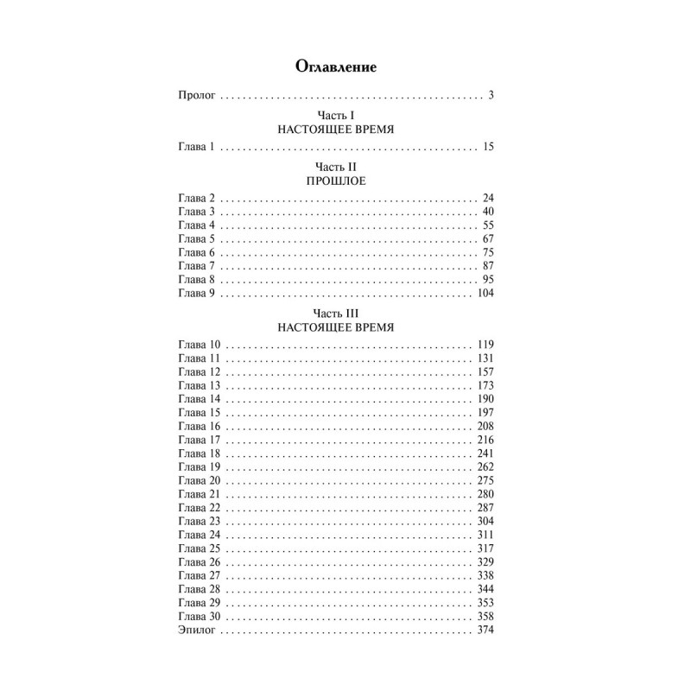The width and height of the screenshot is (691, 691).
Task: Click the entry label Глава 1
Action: coord(195,148)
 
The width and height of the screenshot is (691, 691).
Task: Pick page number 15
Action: coord(487,148)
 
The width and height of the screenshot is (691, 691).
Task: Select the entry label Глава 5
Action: coord(195,238)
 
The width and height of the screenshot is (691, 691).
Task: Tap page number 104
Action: coord(485,294)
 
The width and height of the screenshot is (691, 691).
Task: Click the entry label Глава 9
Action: coord(195,294)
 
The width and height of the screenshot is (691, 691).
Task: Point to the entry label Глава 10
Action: coord(199,345)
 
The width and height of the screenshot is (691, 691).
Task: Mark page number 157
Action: coord(485,372)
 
